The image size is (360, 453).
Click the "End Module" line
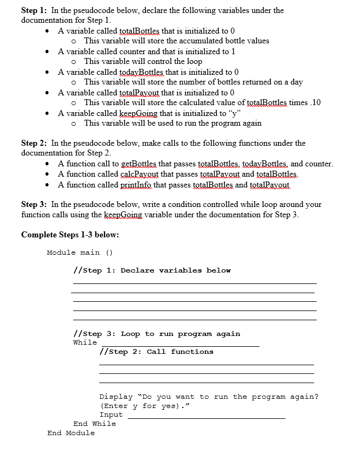(x=70, y=433)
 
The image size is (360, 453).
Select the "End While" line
(x=94, y=424)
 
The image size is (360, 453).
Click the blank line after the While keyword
(x=179, y=344)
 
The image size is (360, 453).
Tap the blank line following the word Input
(x=206, y=416)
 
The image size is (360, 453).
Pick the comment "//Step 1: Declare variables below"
(x=152, y=270)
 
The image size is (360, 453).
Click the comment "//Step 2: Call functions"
(x=157, y=352)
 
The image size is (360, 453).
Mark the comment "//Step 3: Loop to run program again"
(x=156, y=334)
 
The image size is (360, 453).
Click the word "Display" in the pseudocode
(x=115, y=397)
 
